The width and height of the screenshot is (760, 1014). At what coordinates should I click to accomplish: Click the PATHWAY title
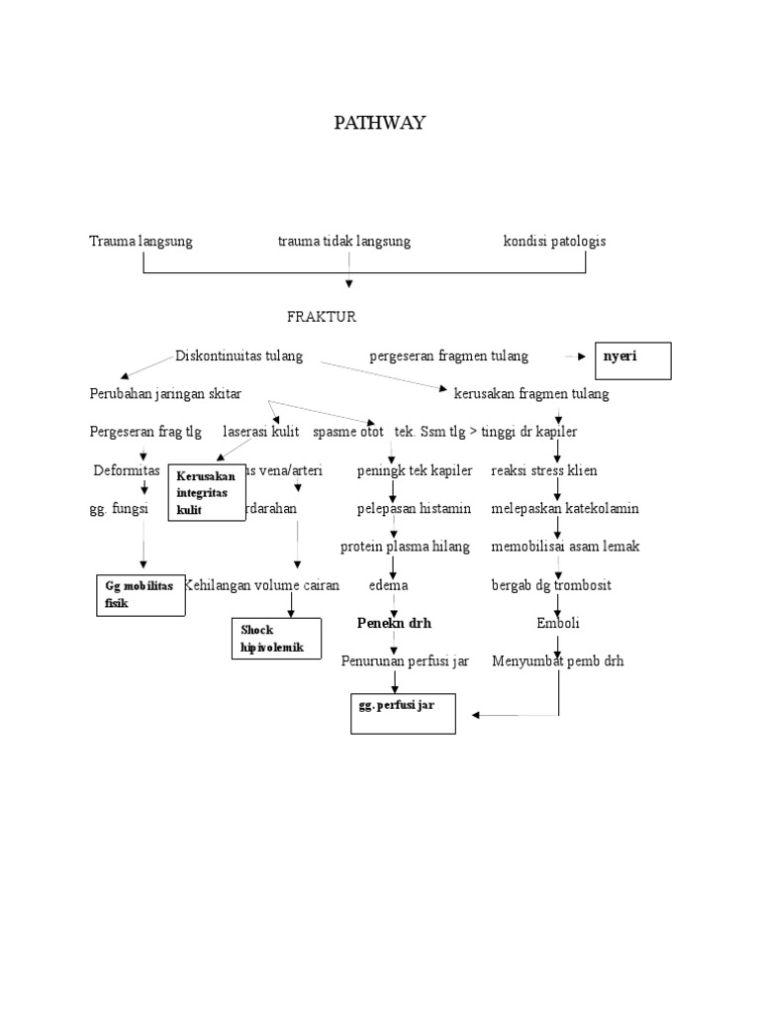point(379,123)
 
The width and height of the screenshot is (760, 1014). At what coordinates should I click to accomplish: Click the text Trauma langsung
point(141,241)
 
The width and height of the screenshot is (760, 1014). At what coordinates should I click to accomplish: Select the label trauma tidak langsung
point(343,241)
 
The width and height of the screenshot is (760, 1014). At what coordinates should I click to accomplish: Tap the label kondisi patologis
point(554,241)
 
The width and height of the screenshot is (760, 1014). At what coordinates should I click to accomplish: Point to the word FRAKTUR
point(322,318)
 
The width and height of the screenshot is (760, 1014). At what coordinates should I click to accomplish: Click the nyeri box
point(631,360)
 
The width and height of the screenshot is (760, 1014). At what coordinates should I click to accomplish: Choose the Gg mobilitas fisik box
point(140,594)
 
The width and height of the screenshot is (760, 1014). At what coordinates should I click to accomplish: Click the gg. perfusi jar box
point(403,713)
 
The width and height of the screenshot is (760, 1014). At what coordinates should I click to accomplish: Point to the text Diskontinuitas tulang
point(238,355)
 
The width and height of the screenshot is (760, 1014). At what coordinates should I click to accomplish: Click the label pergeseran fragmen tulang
point(448,355)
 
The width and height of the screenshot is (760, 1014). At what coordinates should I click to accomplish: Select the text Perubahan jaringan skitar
point(165,394)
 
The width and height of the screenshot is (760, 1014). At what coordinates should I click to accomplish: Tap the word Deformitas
point(127,470)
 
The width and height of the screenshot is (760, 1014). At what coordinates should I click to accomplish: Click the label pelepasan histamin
point(415,508)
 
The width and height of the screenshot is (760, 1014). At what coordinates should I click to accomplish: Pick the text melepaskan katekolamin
point(565,508)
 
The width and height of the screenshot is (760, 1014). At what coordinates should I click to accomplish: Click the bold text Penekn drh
point(394,624)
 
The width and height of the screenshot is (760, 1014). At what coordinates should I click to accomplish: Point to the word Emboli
point(558,624)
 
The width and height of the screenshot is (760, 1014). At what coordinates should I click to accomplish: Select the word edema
point(388,585)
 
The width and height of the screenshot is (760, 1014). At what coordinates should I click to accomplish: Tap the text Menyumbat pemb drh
point(558,660)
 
